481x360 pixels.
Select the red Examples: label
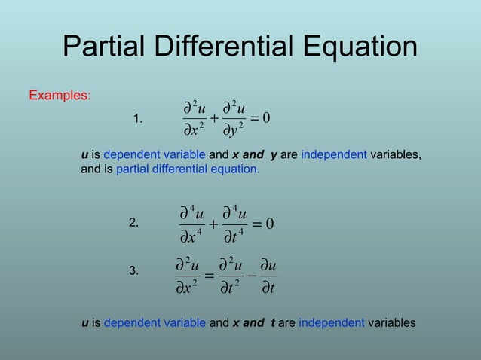pos(60,96)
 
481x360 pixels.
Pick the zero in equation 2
pos(269,224)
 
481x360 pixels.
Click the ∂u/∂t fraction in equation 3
pos(267,276)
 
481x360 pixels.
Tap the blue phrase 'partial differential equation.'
pos(188,169)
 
